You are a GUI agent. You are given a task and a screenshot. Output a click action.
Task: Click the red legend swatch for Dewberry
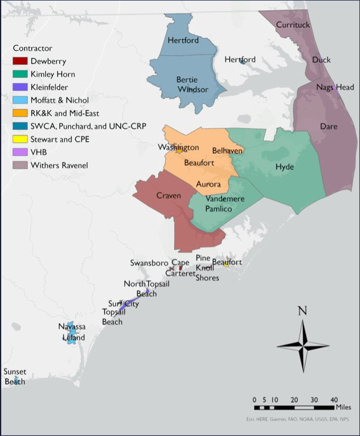(20, 61)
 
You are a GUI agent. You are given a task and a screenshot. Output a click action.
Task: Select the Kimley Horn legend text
(53, 74)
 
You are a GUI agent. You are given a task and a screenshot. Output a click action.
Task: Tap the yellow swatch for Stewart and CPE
(20, 139)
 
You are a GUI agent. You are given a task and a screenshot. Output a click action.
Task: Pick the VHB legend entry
(39, 152)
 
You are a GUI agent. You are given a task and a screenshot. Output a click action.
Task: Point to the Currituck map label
(293, 25)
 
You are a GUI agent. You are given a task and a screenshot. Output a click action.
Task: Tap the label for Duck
(321, 59)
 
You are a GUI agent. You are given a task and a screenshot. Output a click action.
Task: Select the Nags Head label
(335, 87)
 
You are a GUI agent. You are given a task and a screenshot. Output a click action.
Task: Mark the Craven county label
(169, 196)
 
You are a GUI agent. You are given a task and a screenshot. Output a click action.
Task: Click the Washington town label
(178, 148)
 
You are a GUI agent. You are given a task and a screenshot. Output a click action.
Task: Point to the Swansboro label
(149, 263)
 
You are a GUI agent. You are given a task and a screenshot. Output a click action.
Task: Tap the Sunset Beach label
(15, 377)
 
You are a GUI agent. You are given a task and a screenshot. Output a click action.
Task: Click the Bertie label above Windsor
(187, 80)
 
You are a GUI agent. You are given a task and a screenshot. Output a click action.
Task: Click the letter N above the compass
(302, 312)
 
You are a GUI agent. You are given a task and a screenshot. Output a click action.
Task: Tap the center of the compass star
(302, 345)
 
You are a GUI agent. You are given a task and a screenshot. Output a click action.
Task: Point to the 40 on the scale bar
(334, 399)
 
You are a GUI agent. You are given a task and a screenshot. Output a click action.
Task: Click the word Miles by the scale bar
(344, 408)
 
